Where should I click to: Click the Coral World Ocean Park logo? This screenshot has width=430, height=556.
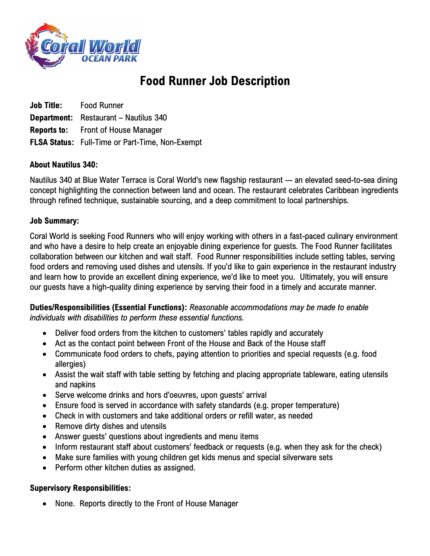point(83,47)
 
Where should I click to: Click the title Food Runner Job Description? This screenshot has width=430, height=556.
point(215,81)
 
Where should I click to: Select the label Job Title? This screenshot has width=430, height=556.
point(46,105)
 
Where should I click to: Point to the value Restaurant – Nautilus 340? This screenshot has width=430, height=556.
point(124,118)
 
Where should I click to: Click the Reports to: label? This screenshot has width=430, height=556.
point(49,130)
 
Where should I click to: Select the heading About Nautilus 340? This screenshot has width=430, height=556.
point(64,165)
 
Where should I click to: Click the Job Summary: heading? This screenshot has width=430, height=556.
point(54,221)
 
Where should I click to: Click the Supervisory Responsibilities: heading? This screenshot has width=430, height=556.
point(80,488)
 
